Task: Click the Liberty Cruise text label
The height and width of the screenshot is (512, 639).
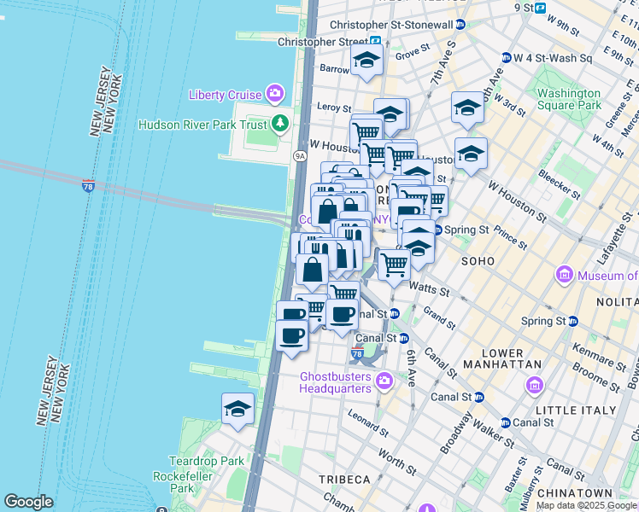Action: (x=226, y=92)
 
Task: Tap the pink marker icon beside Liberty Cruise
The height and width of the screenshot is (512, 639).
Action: (x=275, y=92)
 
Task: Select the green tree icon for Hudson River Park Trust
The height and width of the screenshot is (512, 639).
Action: (x=279, y=125)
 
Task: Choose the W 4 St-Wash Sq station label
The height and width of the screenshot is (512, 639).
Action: (x=553, y=58)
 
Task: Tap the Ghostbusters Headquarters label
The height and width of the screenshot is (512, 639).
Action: (x=336, y=382)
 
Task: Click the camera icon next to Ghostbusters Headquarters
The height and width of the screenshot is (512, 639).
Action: (x=384, y=379)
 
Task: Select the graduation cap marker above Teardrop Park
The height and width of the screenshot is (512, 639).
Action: (x=237, y=409)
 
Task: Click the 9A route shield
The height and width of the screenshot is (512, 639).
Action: (x=299, y=156)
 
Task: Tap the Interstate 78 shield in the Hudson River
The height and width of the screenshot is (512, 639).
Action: (x=89, y=186)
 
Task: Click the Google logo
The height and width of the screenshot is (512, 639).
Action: (x=28, y=502)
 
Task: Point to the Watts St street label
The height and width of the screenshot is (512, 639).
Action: (x=429, y=289)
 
